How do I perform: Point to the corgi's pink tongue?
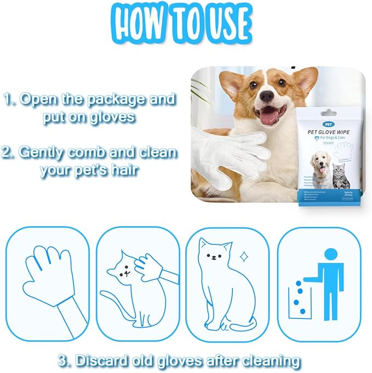coord(268,116)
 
